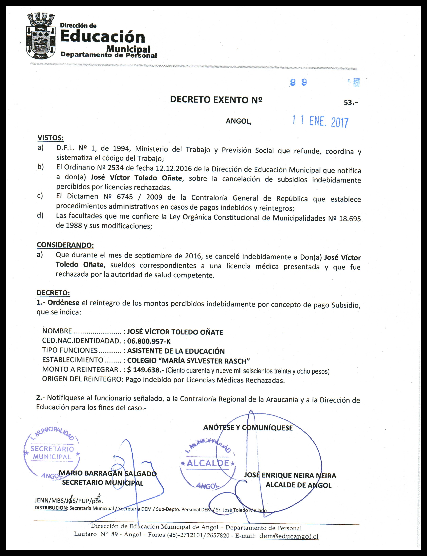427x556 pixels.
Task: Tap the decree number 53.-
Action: tap(351, 102)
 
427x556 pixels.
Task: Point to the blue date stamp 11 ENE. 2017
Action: tap(320, 122)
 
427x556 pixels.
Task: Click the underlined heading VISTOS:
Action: tap(50, 138)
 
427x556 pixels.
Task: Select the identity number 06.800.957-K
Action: tap(149, 341)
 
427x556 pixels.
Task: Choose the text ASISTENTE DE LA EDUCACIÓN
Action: tap(176, 351)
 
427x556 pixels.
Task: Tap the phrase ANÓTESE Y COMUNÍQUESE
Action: tap(248, 428)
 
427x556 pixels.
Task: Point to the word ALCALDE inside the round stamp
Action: tap(208, 463)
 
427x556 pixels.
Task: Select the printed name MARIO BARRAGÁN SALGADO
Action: tap(108, 474)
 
